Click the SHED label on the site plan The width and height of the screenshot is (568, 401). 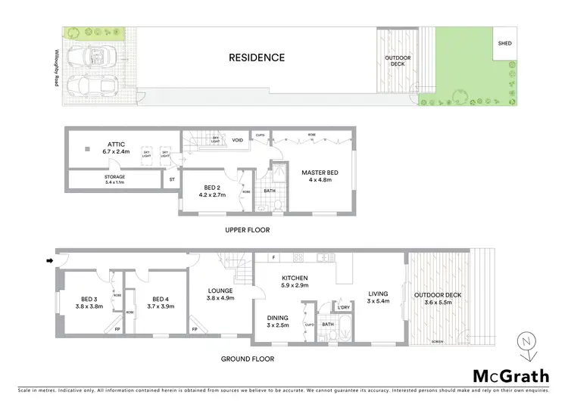click(x=504, y=43)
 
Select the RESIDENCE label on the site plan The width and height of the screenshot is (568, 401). click(x=258, y=58)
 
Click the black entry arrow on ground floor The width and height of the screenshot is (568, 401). click(x=50, y=262)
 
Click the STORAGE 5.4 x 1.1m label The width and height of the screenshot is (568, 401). click(x=114, y=179)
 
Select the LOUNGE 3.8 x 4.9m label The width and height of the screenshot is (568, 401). click(x=221, y=294)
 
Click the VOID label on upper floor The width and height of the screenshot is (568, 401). click(x=238, y=140)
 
